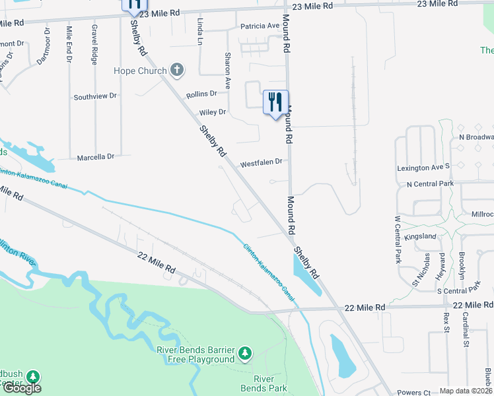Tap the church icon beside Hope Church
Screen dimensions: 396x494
pyautogui.click(x=176, y=69)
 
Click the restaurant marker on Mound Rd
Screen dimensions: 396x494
pyautogui.click(x=275, y=102)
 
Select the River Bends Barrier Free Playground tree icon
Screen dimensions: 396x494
pyautogui.click(x=245, y=354)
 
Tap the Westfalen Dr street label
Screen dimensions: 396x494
pyautogui.click(x=261, y=162)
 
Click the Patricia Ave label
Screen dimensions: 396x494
pyautogui.click(x=260, y=26)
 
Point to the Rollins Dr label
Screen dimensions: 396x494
pyautogui.click(x=201, y=94)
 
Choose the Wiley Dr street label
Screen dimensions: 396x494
pyautogui.click(x=212, y=112)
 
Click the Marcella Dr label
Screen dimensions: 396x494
pyautogui.click(x=96, y=157)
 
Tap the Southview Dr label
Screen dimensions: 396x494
pyautogui.click(x=95, y=96)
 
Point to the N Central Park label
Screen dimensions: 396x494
pyautogui.click(x=431, y=183)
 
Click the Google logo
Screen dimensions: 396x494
pyautogui.click(x=22, y=388)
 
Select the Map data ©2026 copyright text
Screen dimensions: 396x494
pyautogui.click(x=466, y=391)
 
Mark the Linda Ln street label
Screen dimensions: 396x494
pyautogui.click(x=200, y=27)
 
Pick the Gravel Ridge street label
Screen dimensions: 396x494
pyautogui.click(x=94, y=44)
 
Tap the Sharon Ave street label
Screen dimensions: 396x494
pyautogui.click(x=228, y=71)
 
